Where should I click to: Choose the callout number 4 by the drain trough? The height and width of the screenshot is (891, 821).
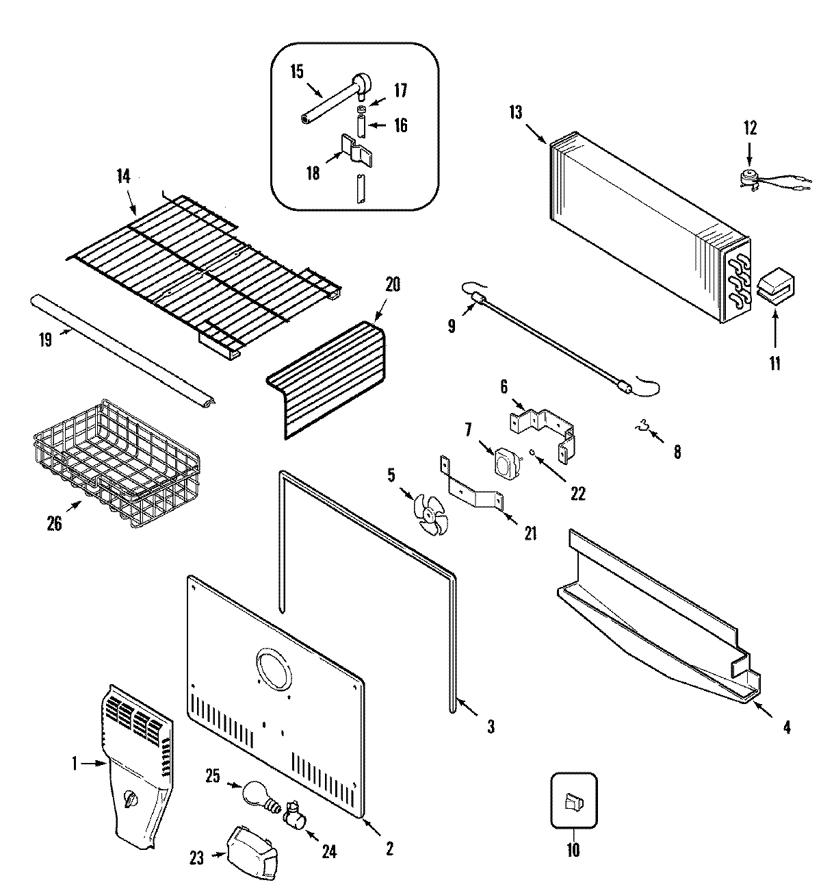786,728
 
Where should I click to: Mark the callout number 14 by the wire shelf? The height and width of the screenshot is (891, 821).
122,175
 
